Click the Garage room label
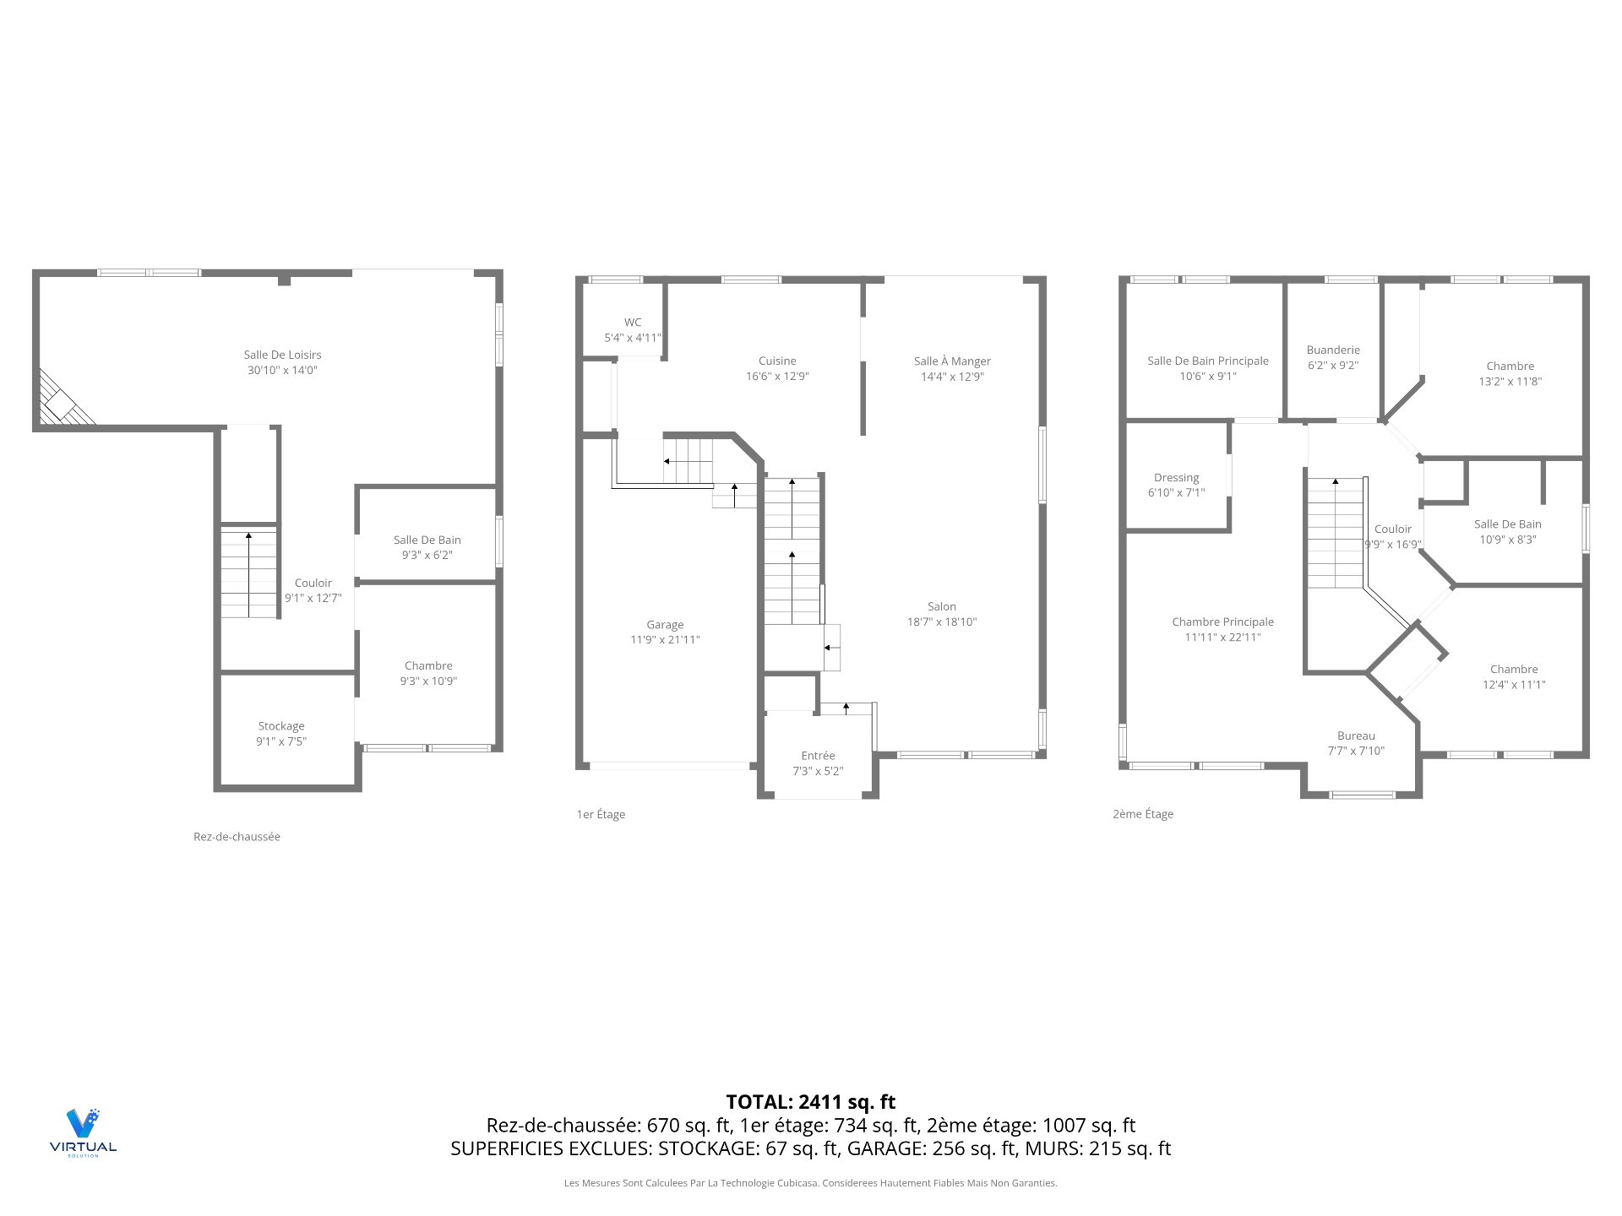pos(665,625)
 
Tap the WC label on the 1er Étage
pos(633,323)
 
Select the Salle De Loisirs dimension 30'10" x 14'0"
pos(282,370)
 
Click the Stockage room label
pos(281,726)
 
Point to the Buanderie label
pos(1333,350)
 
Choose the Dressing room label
pos(1176,478)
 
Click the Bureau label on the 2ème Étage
pos(1356,736)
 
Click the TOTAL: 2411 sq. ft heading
pos(810,1102)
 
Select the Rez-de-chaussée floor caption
pos(237,837)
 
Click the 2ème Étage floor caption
pos(1143,814)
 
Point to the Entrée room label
pos(818,756)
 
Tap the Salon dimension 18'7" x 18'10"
pos(942,622)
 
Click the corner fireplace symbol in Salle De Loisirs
pos(63,402)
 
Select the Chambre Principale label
pos(1222,622)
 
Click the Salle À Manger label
pos(952,361)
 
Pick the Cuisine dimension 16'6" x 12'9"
pos(777,377)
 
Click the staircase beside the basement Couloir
pos(249,574)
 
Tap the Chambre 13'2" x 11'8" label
pos(1510,366)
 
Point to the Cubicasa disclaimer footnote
pos(810,1183)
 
